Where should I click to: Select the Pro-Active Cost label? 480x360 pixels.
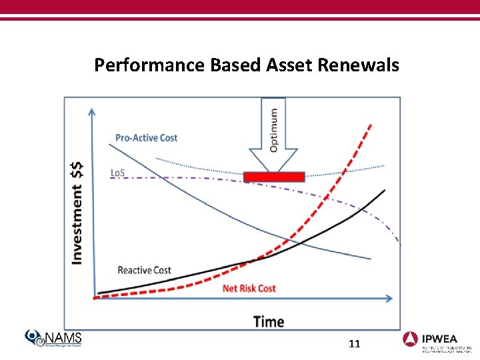(x=146, y=138)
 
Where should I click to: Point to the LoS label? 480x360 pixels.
(x=117, y=173)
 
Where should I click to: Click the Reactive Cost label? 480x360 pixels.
(x=144, y=270)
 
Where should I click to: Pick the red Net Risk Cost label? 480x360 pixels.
(x=249, y=288)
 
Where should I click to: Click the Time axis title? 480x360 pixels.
(x=269, y=321)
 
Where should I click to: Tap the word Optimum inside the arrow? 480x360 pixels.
(x=274, y=131)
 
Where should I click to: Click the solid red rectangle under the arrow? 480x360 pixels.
(x=274, y=177)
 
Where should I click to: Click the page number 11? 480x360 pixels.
(x=354, y=344)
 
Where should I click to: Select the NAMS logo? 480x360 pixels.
(x=53, y=339)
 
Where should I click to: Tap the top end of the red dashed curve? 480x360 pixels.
(x=371, y=124)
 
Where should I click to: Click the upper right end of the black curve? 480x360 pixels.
(x=385, y=191)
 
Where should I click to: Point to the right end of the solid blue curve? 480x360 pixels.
(x=370, y=259)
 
